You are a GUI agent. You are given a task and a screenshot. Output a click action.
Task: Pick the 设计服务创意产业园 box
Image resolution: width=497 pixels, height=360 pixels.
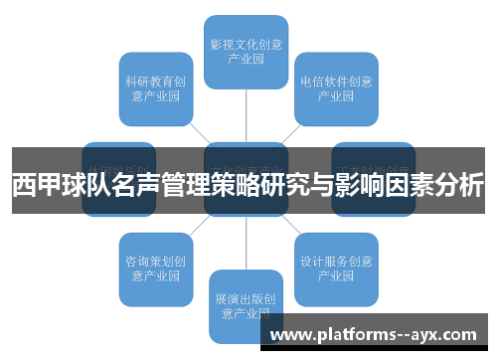click(336, 269)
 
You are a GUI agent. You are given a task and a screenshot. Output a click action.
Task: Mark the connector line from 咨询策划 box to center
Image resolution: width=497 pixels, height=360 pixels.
click(198, 228)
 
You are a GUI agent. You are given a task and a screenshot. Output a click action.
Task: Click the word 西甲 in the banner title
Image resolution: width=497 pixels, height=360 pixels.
click(35, 185)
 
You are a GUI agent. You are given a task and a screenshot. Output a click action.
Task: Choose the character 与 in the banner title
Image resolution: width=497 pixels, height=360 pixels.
click(319, 185)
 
